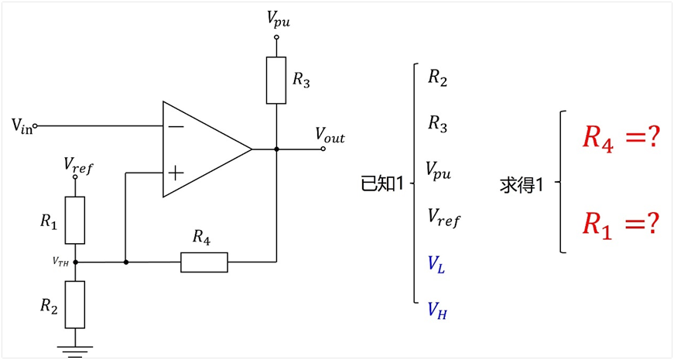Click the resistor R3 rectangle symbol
pyautogui.click(x=276, y=81)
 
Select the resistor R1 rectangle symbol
pyautogui.click(x=75, y=220)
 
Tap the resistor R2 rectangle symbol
pyautogui.click(x=75, y=304)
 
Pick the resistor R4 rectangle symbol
pyautogui.click(x=204, y=262)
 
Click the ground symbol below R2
pyautogui.click(x=75, y=351)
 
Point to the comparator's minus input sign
pyautogui.click(x=176, y=126)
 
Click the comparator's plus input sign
pyautogui.click(x=176, y=173)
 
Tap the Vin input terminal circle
pyautogui.click(x=36, y=126)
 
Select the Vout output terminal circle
pyautogui.click(x=323, y=149)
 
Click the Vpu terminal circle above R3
pyautogui.click(x=276, y=37)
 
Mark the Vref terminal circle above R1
pyautogui.click(x=75, y=177)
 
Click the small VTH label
pyautogui.click(x=60, y=262)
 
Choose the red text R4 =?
pyautogui.click(x=621, y=139)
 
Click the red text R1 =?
pyautogui.click(x=621, y=225)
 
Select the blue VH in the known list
pyautogui.click(x=437, y=310)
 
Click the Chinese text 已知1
pyautogui.click(x=382, y=183)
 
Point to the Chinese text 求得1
pyautogui.click(x=522, y=185)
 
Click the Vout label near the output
pyautogui.click(x=330, y=135)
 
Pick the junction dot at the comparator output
pyautogui.click(x=276, y=149)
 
